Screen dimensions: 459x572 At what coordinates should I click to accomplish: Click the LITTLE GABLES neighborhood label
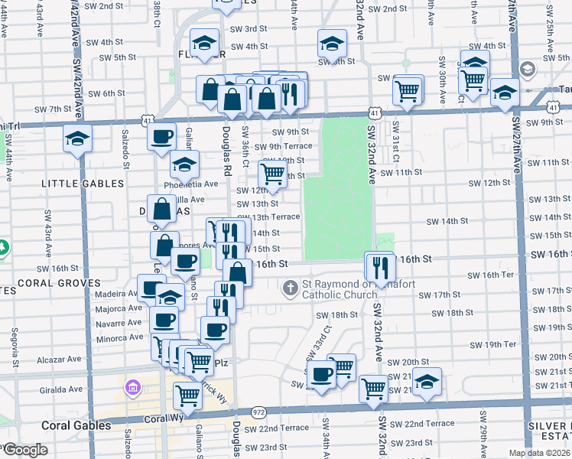[x=83, y=184]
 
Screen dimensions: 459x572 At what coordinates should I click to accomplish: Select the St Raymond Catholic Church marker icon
[x=289, y=288]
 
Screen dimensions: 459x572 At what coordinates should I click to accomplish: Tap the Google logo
[x=24, y=450]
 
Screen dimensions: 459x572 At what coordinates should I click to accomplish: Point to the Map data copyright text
[x=538, y=453]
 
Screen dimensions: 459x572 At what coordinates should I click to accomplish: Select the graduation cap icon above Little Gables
[x=77, y=139]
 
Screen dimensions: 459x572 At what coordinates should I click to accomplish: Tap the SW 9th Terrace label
[x=283, y=146]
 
